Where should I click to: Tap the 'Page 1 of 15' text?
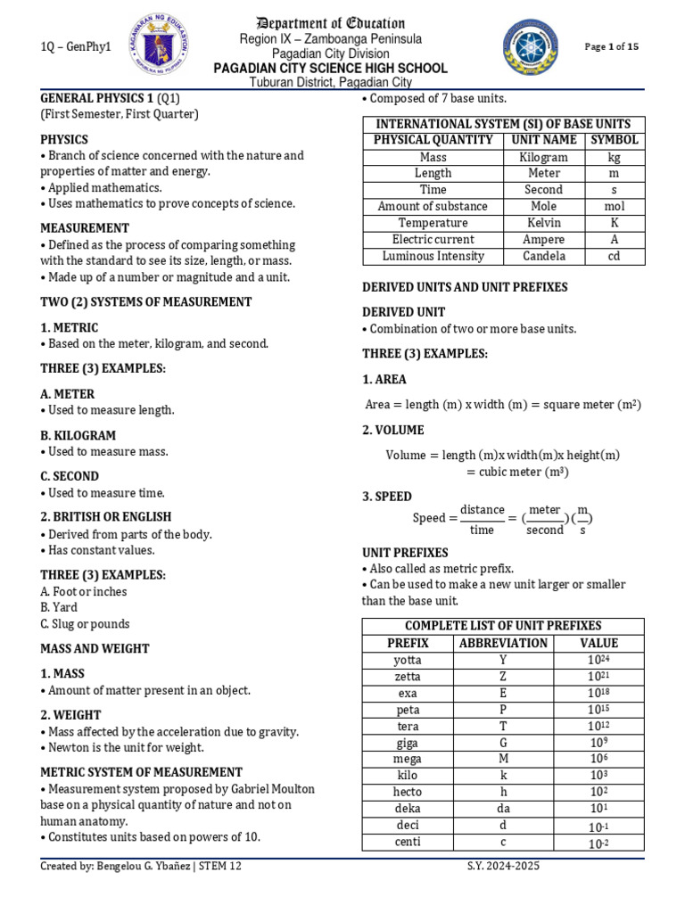pyautogui.click(x=611, y=46)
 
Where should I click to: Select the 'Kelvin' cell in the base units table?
pyautogui.click(x=543, y=223)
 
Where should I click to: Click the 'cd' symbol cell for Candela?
pyautogui.click(x=615, y=256)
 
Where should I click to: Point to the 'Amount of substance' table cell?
pyautogui.click(x=433, y=206)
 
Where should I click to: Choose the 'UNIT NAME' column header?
pyautogui.click(x=543, y=140)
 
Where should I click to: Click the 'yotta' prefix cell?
pyautogui.click(x=408, y=660)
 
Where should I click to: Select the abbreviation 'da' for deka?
pyautogui.click(x=503, y=809)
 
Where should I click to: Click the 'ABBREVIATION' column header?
pyautogui.click(x=503, y=643)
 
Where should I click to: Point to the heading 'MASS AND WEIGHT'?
pyautogui.click(x=95, y=648)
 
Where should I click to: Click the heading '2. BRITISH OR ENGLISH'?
pyautogui.click(x=105, y=516)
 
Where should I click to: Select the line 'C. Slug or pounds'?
pyautogui.click(x=85, y=624)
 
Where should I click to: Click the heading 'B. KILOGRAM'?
pyautogui.click(x=78, y=435)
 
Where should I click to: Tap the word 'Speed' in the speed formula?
pyautogui.click(x=429, y=518)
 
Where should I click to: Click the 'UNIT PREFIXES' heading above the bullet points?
pyautogui.click(x=405, y=552)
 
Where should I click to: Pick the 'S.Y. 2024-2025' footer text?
pyautogui.click(x=503, y=866)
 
